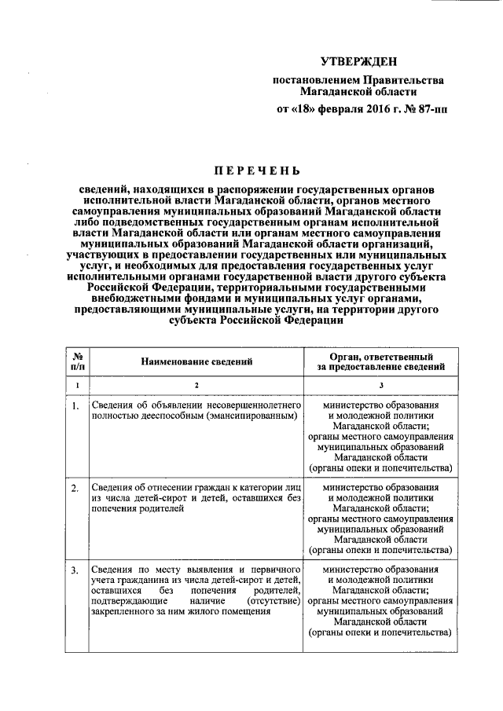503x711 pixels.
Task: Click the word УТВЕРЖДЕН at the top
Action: [358, 61]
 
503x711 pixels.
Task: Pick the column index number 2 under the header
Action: [196, 385]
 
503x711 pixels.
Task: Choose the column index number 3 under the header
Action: [380, 385]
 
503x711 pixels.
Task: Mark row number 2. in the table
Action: [75, 488]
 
